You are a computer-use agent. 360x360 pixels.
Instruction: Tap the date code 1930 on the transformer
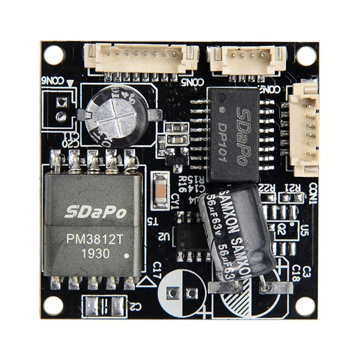95,254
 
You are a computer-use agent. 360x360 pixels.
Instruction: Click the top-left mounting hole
54,55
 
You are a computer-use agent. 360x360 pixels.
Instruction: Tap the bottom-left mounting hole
53,306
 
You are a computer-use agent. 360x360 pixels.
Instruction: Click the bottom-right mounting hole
306,306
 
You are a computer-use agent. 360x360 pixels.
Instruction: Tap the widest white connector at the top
141,58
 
